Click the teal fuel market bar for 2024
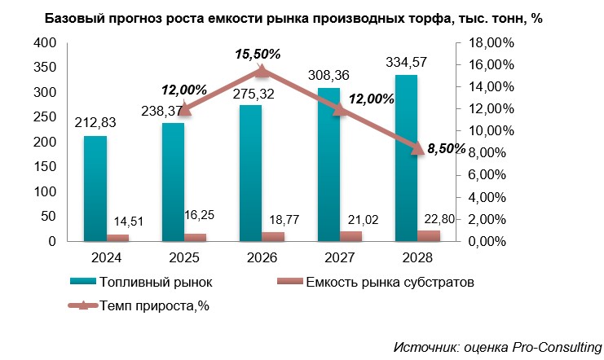click(95, 189)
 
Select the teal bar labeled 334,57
click(406, 159)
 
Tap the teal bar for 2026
click(251, 173)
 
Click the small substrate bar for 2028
click(429, 236)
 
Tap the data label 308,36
click(329, 75)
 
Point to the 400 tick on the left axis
click(46, 42)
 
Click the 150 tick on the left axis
click(46, 167)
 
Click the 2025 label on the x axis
click(184, 257)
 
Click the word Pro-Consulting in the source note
click(558, 347)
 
